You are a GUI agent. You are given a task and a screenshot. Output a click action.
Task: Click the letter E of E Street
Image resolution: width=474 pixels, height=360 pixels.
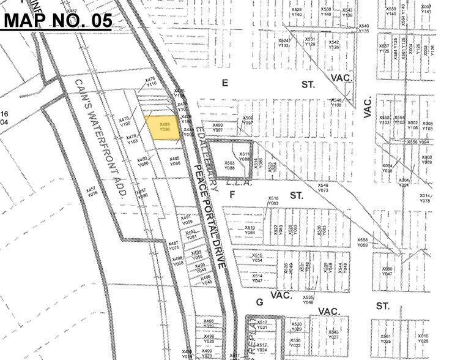coord(224,84)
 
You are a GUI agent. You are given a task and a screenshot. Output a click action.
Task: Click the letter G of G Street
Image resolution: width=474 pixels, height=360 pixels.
coord(259,302)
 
